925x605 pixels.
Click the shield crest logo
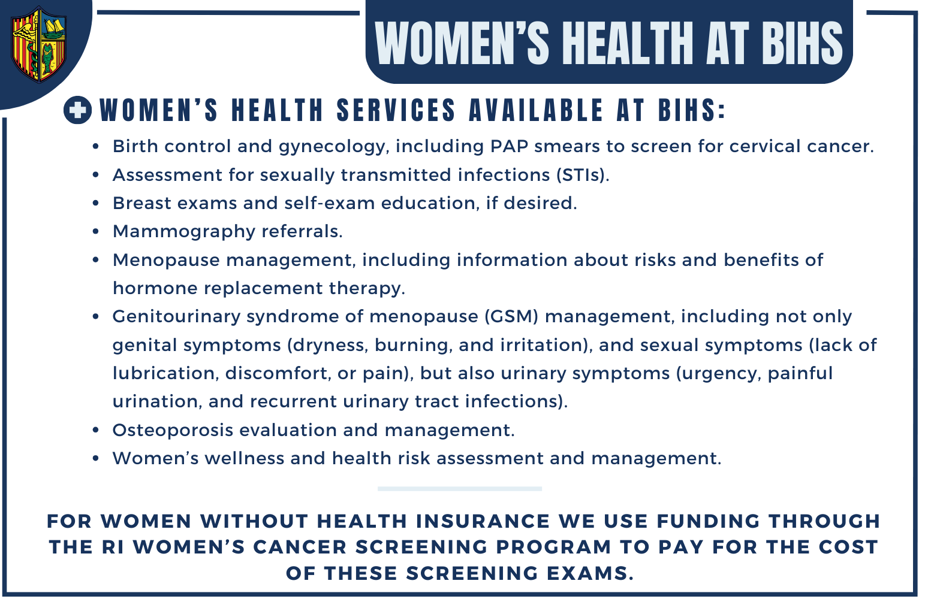(38, 44)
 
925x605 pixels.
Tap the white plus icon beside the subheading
(78, 110)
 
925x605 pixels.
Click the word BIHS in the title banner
(802, 44)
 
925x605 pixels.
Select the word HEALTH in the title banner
(628, 44)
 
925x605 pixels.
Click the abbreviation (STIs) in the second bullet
(583, 175)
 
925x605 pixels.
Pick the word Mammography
(184, 232)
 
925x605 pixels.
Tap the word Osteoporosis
(173, 431)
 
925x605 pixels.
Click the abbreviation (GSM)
(511, 316)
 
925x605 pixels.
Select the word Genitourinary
(176, 317)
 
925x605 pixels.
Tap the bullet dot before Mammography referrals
(96, 232)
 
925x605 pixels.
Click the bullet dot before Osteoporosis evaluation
(96, 431)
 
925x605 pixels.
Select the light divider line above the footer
(460, 489)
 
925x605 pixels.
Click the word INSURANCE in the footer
(483, 521)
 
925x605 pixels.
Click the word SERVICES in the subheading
(396, 110)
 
